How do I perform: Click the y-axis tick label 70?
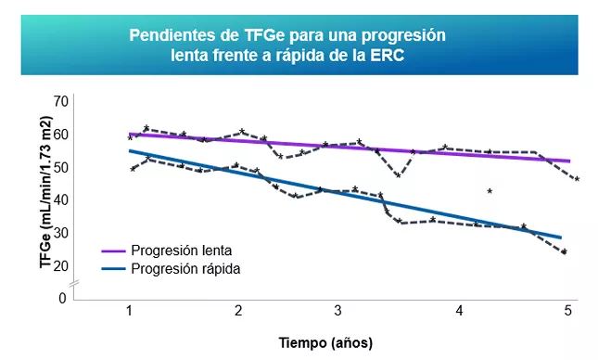pos(62,101)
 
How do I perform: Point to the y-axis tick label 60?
pos(62,135)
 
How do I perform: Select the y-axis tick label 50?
pos(62,167)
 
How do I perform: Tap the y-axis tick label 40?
pos(62,200)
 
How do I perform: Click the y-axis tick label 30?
pos(62,233)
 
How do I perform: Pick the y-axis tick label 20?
pos(62,265)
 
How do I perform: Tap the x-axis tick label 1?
pos(129,310)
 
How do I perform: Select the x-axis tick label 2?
pos(238,310)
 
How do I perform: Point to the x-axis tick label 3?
pos(337,310)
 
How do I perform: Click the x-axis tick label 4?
pos(460,310)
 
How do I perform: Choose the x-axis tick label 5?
pos(566,310)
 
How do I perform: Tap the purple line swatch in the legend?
pos(112,251)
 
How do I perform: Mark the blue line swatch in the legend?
pos(112,269)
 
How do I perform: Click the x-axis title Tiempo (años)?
pos(325,341)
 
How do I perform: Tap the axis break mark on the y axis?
pos(73,282)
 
